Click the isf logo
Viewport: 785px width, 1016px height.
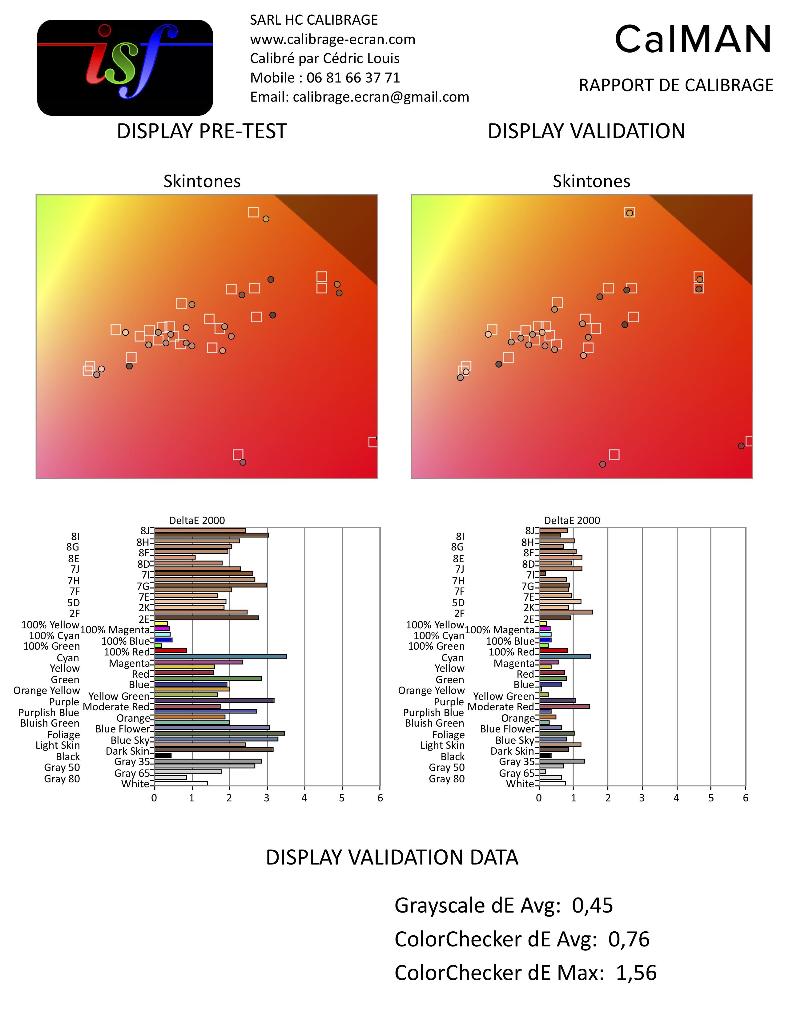(125, 67)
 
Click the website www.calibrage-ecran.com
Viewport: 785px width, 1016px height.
(332, 39)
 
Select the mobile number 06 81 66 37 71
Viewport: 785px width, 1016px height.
(353, 78)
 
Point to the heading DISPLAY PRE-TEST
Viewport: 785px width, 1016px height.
(202, 131)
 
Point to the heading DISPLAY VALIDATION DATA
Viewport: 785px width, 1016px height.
(392, 857)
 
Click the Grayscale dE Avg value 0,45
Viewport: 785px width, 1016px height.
(593, 905)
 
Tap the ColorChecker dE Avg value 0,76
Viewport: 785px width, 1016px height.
(629, 939)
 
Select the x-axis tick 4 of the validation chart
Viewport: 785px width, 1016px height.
(676, 798)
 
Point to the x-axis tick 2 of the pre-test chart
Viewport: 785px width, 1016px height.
(229, 798)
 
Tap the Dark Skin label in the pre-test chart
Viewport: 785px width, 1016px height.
(127, 751)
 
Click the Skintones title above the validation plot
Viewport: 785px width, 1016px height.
(591, 181)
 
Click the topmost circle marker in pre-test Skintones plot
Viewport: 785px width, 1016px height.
(266, 219)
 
